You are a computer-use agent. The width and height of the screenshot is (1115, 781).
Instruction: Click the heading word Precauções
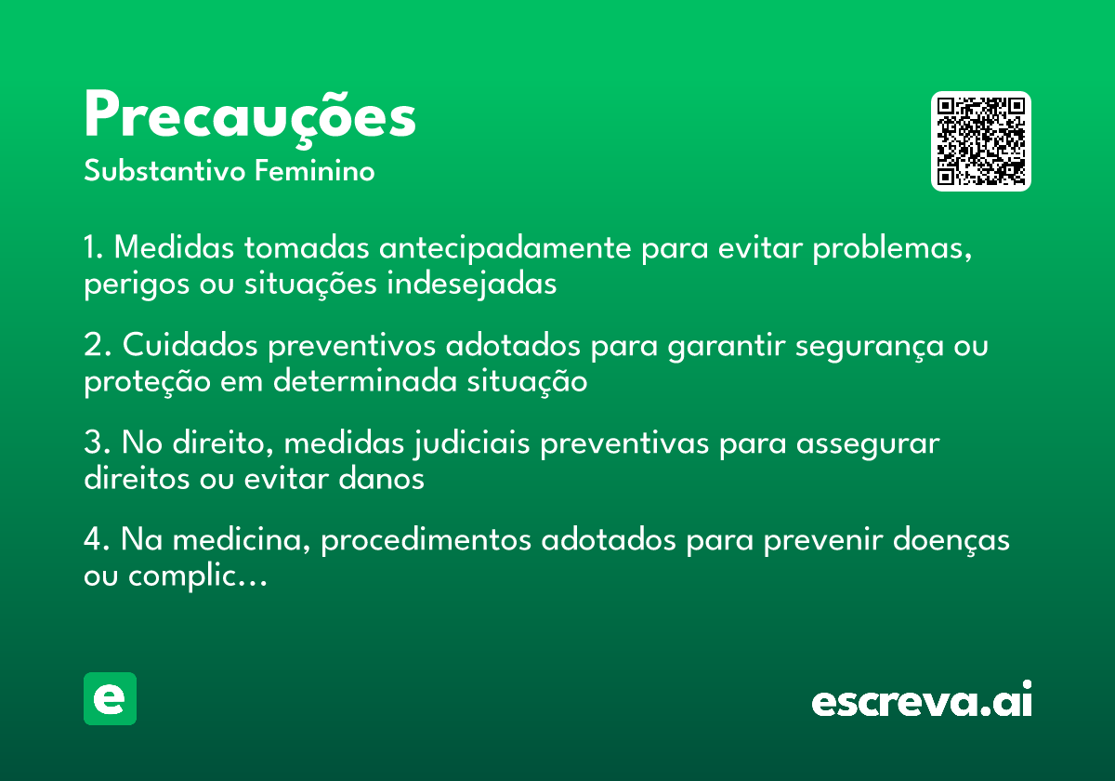coord(250,117)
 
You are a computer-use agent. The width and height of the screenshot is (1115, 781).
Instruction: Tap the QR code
coord(981,141)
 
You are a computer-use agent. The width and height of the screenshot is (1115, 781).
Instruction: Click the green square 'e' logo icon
coord(110,698)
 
